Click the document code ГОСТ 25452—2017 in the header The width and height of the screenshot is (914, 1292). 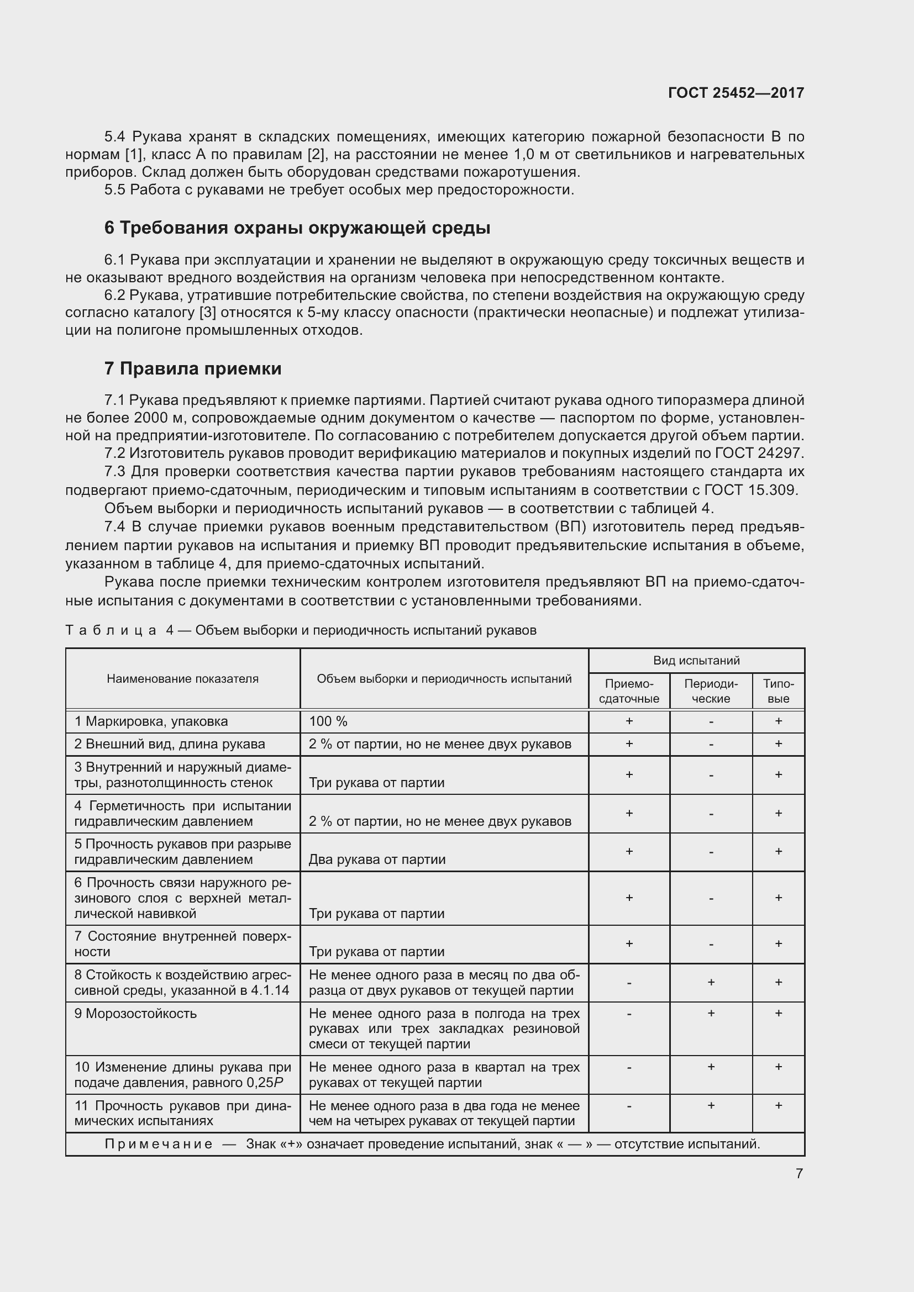[736, 93]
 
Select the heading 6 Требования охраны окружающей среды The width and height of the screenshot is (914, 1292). [297, 228]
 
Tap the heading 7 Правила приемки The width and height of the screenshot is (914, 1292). [192, 368]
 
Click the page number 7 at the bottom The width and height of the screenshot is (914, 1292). [799, 1174]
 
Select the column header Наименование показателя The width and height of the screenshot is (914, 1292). [182, 679]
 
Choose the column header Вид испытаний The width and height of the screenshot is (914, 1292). [696, 661]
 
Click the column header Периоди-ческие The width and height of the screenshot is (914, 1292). [711, 691]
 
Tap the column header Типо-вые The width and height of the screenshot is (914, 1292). [779, 691]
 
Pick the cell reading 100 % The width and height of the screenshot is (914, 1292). [328, 721]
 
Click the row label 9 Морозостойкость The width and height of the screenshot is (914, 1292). [135, 1014]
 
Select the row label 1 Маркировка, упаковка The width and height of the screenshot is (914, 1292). [151, 721]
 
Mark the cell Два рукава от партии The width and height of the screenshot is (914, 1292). [376, 859]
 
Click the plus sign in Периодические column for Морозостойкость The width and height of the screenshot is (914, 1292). [711, 1013]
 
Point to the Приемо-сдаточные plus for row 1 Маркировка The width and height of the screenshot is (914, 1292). [629, 721]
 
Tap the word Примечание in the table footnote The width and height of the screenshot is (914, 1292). [159, 1144]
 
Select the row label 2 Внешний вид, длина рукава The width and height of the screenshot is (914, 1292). [170, 744]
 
